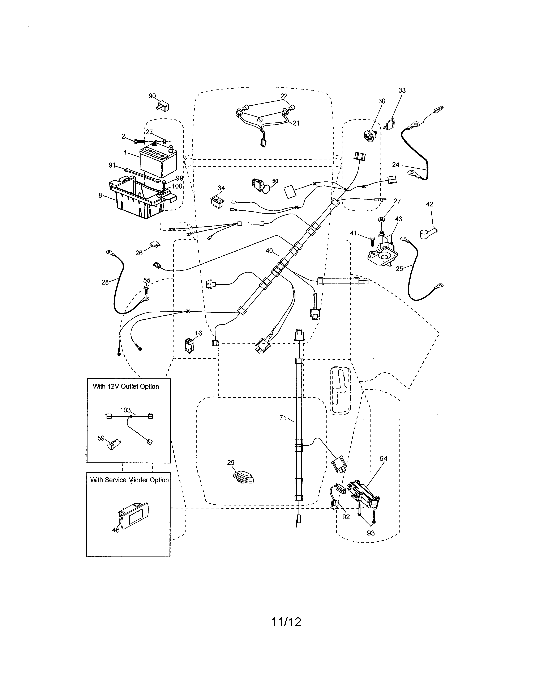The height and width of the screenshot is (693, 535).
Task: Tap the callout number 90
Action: pyautogui.click(x=152, y=96)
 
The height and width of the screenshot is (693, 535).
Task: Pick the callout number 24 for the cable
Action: pyautogui.click(x=395, y=165)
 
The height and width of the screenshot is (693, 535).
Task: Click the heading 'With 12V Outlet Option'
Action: pyautogui.click(x=126, y=386)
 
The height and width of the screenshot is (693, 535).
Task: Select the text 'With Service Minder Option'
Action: pyautogui.click(x=129, y=480)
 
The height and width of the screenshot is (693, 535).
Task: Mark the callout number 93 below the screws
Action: pyautogui.click(x=371, y=533)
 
